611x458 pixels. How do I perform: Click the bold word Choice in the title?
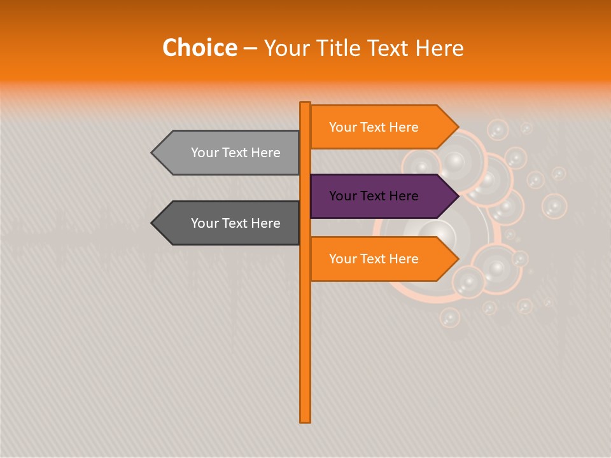pyautogui.click(x=199, y=48)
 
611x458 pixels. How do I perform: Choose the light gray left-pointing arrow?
pyautogui.click(x=229, y=153)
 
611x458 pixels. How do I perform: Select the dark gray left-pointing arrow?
pyautogui.click(x=229, y=223)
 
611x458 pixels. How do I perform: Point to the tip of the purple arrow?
pyautogui.click(x=457, y=196)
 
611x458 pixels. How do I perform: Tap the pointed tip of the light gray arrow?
pyautogui.click(x=153, y=153)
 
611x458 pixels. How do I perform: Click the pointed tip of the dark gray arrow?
pyautogui.click(x=153, y=223)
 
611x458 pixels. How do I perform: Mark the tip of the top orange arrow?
pyautogui.click(x=457, y=127)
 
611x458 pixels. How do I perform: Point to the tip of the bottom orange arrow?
pyautogui.click(x=457, y=259)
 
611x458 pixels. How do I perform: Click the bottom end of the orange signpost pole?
pyautogui.click(x=305, y=420)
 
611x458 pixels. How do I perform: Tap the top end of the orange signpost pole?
pyautogui.click(x=305, y=104)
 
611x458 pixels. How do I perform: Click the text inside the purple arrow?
pyautogui.click(x=374, y=196)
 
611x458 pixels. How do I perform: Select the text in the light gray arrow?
pyautogui.click(x=235, y=153)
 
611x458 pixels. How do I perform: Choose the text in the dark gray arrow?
pyautogui.click(x=235, y=223)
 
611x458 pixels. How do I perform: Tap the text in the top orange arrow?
pyautogui.click(x=374, y=127)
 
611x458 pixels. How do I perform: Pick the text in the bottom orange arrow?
pyautogui.click(x=374, y=259)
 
